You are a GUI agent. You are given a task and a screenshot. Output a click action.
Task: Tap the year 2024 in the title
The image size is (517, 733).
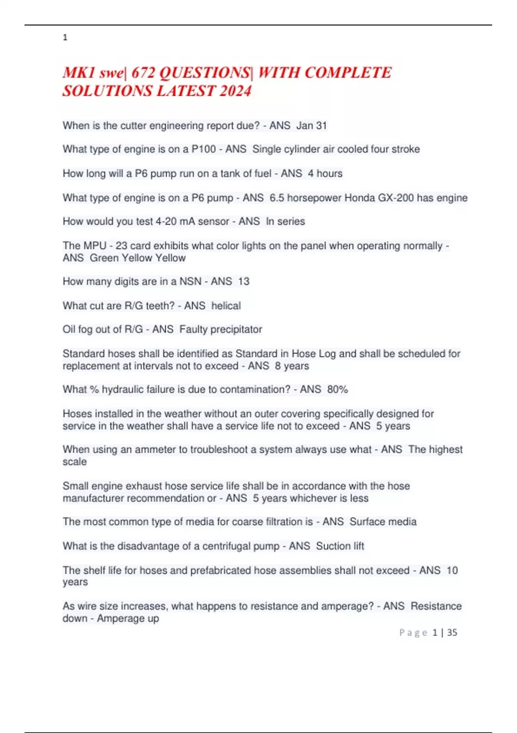click(235, 91)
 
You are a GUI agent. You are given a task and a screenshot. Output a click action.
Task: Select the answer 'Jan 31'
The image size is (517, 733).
click(311, 125)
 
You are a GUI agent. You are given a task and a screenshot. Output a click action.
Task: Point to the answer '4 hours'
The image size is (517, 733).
click(325, 173)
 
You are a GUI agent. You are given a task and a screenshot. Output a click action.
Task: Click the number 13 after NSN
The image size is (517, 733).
click(243, 282)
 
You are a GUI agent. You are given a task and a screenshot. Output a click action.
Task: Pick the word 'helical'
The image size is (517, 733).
click(226, 306)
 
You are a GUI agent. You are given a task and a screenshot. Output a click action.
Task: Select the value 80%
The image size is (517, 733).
click(337, 389)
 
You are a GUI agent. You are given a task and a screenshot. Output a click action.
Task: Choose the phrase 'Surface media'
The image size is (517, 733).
click(383, 522)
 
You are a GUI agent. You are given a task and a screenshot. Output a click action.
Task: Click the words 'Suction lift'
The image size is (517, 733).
click(340, 546)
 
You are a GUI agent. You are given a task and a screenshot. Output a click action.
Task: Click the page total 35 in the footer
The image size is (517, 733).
click(452, 633)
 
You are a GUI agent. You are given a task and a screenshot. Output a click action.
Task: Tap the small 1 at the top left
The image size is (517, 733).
click(65, 38)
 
